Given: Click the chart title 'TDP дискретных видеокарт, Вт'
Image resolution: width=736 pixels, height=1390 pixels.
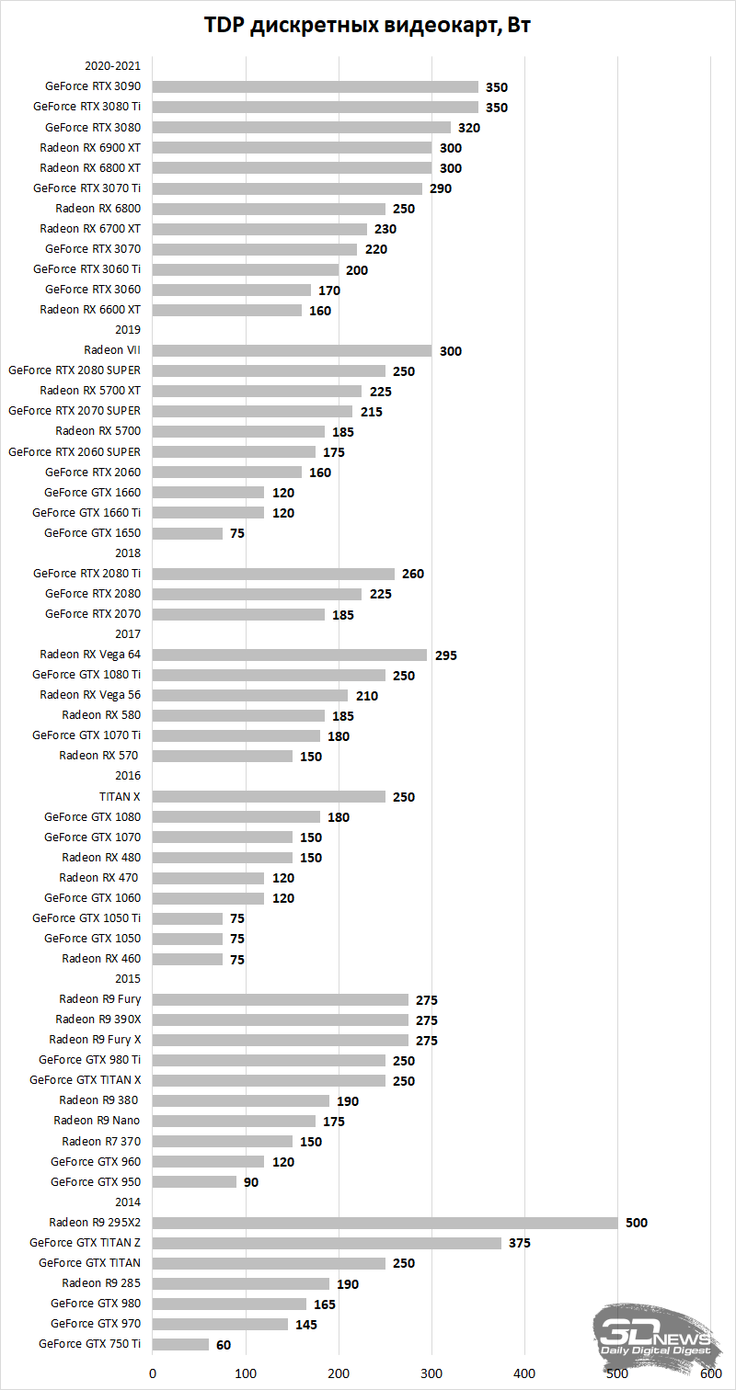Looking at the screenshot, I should click(368, 26).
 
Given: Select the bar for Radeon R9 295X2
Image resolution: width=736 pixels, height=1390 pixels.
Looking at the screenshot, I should click(385, 1223).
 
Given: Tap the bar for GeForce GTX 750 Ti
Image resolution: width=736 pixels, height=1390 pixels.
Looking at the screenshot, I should click(180, 1344).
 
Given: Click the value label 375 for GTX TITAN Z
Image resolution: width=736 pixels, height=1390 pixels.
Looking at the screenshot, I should click(521, 1243).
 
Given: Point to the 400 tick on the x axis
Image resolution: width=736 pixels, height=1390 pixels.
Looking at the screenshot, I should click(525, 1373).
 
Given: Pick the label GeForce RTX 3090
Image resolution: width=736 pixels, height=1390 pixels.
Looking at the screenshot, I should click(92, 86).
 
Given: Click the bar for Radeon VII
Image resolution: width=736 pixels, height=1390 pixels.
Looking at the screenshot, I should click(292, 350).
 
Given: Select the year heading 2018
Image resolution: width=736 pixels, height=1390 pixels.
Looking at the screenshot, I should click(128, 553).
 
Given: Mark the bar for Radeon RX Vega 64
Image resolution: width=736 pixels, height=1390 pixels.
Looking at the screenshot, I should click(289, 655).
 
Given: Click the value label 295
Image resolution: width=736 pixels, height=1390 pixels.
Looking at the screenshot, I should click(446, 655).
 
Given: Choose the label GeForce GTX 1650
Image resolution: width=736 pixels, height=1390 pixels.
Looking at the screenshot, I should click(92, 533).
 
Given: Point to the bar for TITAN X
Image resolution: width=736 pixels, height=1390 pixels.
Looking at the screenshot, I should click(269, 796).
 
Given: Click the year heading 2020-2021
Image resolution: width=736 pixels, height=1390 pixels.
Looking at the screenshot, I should click(112, 66).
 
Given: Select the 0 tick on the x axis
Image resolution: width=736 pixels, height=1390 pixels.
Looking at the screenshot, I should click(153, 1373).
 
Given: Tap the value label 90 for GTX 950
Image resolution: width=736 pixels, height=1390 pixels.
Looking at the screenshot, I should click(251, 1182).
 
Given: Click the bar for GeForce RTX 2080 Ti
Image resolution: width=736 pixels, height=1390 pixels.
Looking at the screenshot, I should click(273, 574).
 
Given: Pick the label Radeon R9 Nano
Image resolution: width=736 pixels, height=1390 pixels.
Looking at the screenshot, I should click(97, 1121).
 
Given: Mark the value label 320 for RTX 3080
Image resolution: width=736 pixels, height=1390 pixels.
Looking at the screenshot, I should click(469, 128).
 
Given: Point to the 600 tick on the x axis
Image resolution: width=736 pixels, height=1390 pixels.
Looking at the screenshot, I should click(711, 1373).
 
